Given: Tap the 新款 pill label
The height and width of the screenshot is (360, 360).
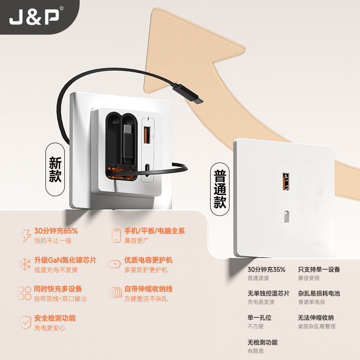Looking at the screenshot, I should [x=55, y=170].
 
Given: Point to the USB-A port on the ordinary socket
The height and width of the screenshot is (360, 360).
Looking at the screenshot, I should [x=285, y=181].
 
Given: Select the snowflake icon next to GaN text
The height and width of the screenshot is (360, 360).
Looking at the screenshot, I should [x=25, y=264].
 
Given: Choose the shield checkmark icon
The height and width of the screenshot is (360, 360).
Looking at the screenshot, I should [x=25, y=322].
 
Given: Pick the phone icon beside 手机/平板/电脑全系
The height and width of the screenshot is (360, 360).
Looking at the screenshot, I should [x=116, y=235].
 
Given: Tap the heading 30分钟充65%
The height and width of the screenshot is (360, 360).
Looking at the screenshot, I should [x=56, y=231].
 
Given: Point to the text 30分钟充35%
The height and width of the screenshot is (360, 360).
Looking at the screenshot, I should [x=266, y=270].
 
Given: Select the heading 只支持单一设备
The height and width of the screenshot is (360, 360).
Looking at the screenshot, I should [x=319, y=270].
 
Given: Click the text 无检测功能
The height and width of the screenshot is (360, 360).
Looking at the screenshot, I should [x=262, y=342].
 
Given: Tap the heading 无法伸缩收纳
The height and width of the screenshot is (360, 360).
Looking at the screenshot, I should [x=316, y=318].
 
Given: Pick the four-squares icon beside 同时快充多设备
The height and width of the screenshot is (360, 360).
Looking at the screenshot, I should [x=24, y=293].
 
